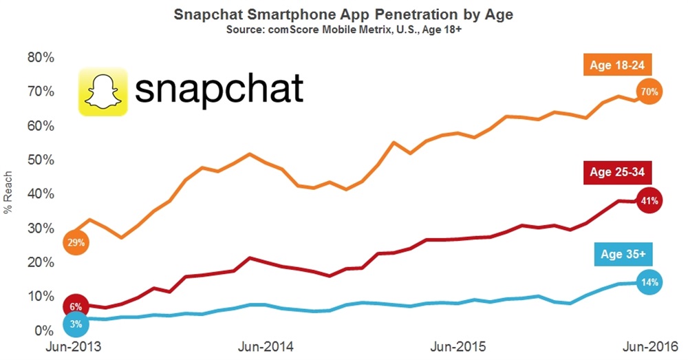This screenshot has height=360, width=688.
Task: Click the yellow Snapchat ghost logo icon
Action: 103,92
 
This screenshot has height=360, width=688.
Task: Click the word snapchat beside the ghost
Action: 218,91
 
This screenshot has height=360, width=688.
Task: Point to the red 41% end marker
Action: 649,201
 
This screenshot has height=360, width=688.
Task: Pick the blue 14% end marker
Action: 649,282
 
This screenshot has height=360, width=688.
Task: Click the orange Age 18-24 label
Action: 616,67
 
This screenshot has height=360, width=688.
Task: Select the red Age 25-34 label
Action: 616,172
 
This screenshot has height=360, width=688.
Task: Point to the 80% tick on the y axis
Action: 40,57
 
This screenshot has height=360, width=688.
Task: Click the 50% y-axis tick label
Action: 40,160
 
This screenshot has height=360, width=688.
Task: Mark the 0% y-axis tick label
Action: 43,330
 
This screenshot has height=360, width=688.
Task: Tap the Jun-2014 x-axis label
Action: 264,347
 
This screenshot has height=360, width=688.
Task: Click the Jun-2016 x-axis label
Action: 645,347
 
